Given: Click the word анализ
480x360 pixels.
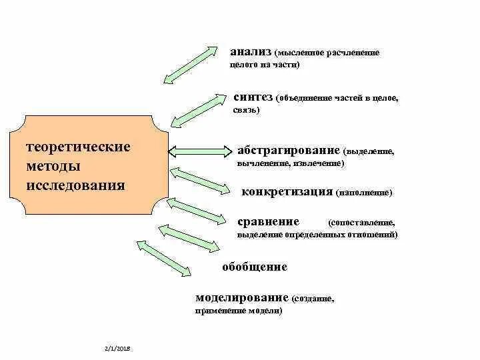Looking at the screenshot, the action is (249, 51).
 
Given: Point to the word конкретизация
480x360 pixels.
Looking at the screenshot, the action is (287, 191).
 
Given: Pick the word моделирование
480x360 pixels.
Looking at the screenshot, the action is (242, 297).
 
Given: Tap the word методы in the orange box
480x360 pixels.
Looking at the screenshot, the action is (54, 165).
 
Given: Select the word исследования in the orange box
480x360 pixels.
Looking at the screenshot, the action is (75, 184).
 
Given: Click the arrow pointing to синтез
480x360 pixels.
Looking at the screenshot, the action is (198, 110).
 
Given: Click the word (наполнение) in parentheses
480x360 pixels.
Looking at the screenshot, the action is (364, 193).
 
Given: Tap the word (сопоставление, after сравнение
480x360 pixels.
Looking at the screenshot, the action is (362, 223).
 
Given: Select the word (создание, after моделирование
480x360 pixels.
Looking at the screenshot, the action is (313, 299).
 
